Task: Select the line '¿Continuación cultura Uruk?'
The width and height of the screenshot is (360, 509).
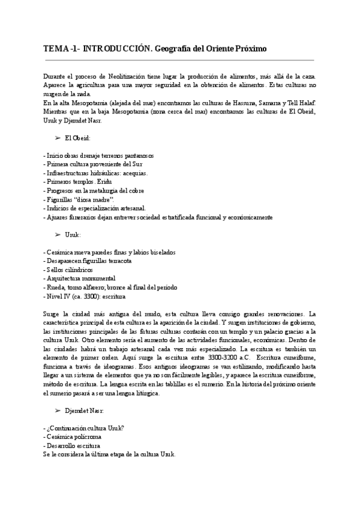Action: tap(84, 427)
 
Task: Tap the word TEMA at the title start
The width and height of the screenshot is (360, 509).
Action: tap(56, 48)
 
